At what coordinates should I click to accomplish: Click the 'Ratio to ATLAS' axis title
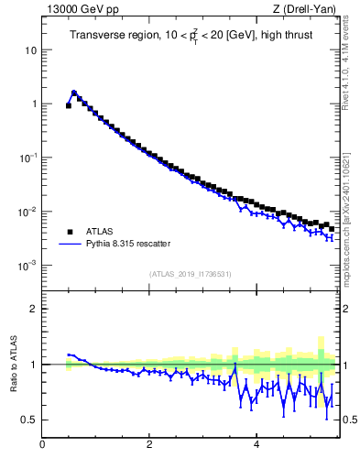15,364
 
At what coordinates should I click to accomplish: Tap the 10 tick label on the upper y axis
29,49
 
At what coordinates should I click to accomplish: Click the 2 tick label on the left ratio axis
34,309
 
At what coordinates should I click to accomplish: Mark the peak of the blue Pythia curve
73,92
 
